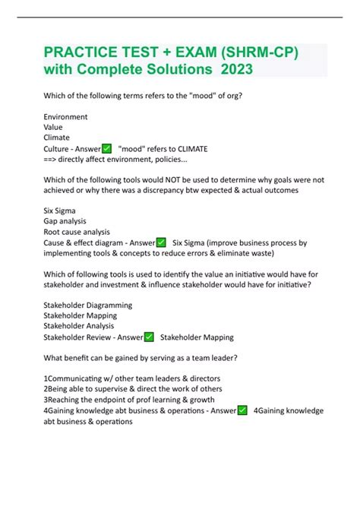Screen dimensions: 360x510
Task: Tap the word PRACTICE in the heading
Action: click(85, 52)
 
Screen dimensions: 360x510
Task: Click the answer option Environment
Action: click(65, 117)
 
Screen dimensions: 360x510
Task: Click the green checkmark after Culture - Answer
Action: click(106, 148)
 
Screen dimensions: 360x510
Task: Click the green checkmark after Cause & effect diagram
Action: click(160, 242)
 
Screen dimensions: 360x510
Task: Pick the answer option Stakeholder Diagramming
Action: click(88, 306)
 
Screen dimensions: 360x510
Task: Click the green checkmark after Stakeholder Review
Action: click(148, 337)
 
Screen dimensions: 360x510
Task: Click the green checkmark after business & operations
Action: click(242, 410)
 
